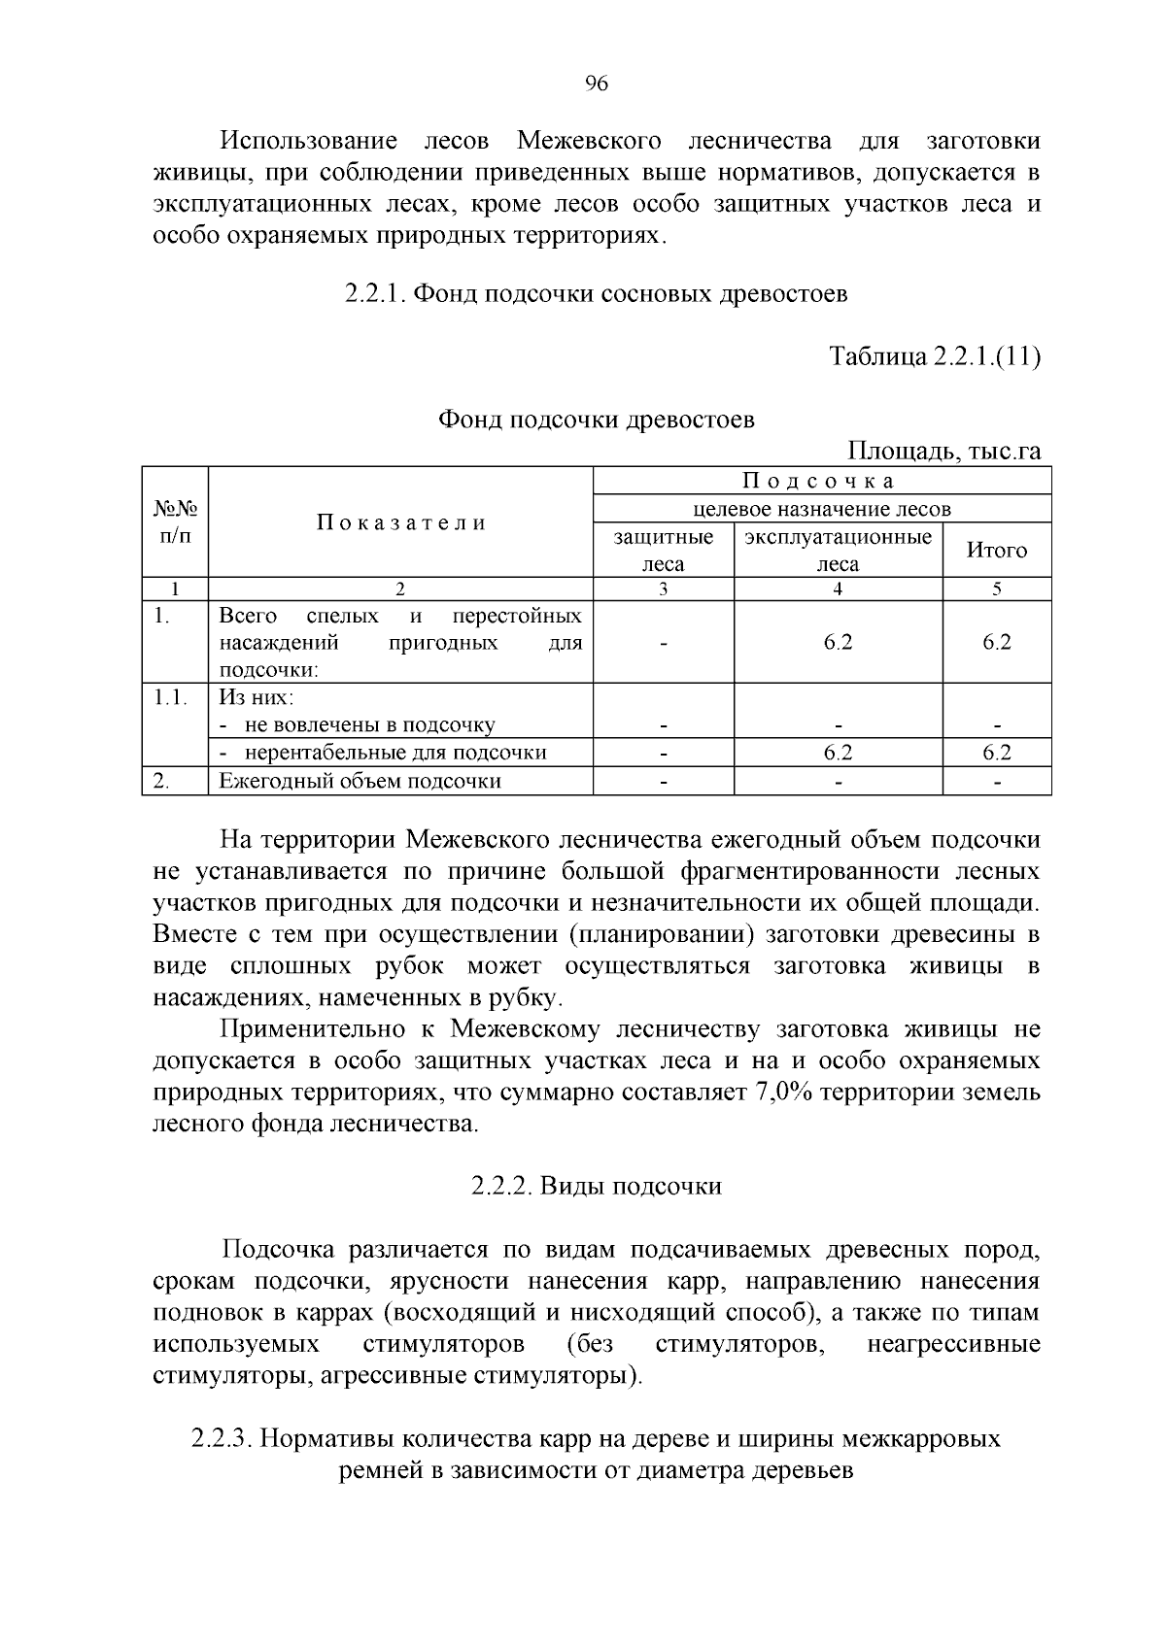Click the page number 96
click(x=597, y=84)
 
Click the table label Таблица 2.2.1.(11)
click(x=935, y=356)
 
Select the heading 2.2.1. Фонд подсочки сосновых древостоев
click(x=596, y=293)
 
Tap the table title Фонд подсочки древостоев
click(x=596, y=420)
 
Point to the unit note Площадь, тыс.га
click(x=944, y=452)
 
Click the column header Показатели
click(x=400, y=522)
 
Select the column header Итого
click(x=996, y=551)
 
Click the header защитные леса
click(x=663, y=551)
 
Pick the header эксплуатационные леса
click(x=838, y=551)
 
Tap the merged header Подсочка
click(x=821, y=481)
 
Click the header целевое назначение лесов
click(x=821, y=509)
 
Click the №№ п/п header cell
click(x=175, y=522)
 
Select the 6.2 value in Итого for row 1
click(x=996, y=642)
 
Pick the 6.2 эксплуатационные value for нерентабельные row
click(x=838, y=753)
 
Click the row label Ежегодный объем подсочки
click(x=360, y=781)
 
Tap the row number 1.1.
click(x=171, y=697)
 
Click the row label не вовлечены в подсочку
click(x=369, y=724)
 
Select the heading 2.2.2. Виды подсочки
click(x=596, y=1186)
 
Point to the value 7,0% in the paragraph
click(x=783, y=1093)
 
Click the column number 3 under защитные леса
click(x=663, y=589)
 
